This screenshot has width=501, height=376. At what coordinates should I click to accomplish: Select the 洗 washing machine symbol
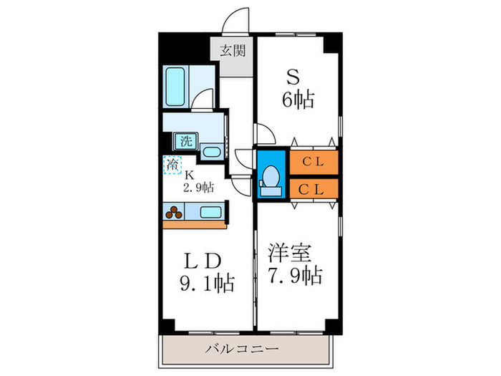click(x=185, y=141)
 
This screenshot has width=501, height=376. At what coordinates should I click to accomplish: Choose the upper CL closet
click(x=313, y=161)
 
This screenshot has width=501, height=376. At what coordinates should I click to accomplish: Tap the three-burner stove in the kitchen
click(x=174, y=211)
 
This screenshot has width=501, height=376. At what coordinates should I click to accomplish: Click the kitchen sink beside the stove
click(x=210, y=211)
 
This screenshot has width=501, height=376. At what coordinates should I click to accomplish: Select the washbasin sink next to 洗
click(x=210, y=151)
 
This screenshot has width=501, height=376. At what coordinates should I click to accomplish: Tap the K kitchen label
click(x=190, y=175)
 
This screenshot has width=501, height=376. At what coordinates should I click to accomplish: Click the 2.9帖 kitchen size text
click(x=198, y=188)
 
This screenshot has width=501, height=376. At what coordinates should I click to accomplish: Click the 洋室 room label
click(x=291, y=252)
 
